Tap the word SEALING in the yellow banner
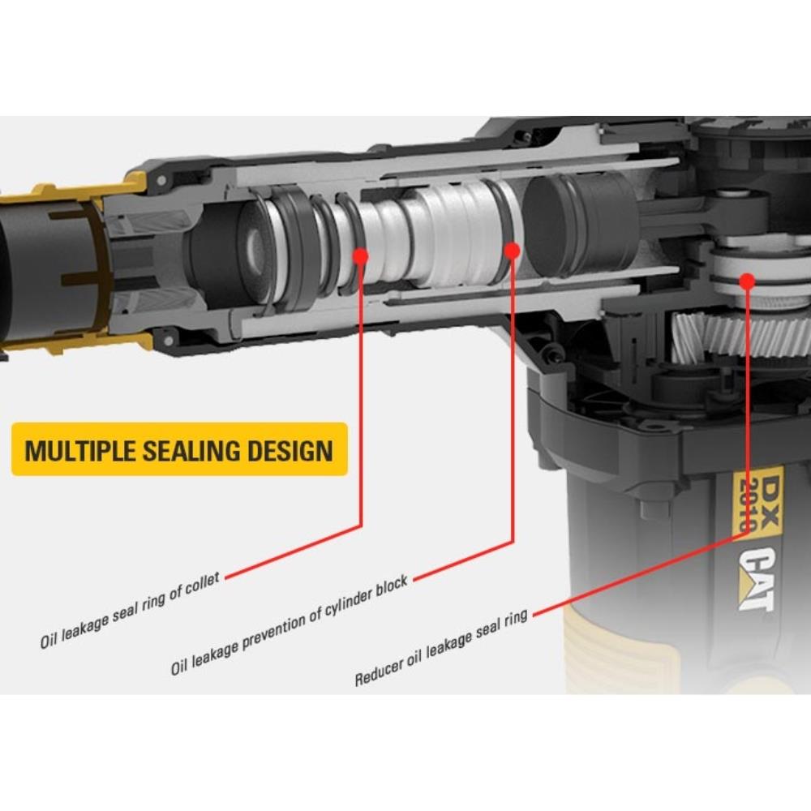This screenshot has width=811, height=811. tap(192, 450)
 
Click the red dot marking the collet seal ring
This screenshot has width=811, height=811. tap(361, 256)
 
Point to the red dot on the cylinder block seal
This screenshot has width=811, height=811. tap(512, 251)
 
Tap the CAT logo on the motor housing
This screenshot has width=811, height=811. tap(756, 579)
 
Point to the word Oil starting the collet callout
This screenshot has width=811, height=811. tap(49, 640)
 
